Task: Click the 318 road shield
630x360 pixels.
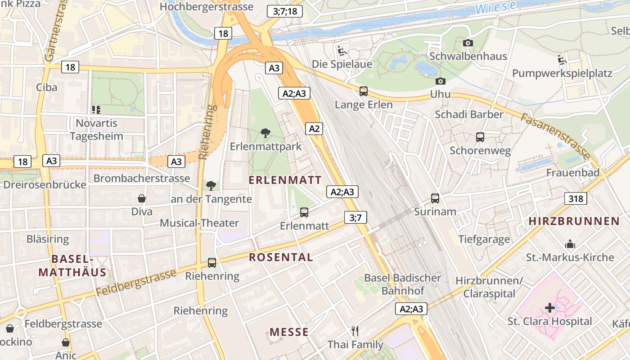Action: (x=576, y=198)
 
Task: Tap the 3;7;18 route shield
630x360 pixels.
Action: (x=284, y=11)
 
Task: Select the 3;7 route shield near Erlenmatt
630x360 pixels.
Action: (x=355, y=218)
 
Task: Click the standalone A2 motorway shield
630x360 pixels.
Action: (x=314, y=129)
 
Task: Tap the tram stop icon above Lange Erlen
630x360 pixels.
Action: (x=364, y=91)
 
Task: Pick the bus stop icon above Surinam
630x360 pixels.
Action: (x=435, y=198)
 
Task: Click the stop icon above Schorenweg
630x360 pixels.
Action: (x=480, y=137)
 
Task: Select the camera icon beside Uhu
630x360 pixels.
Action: (x=440, y=81)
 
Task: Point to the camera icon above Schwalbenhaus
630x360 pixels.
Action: (x=468, y=43)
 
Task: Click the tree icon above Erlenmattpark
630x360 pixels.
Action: (x=265, y=133)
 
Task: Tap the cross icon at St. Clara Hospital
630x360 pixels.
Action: (x=549, y=308)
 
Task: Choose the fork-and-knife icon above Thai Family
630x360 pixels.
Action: (x=355, y=331)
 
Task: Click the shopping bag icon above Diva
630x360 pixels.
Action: (x=142, y=198)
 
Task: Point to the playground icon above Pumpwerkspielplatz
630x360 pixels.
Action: (x=562, y=59)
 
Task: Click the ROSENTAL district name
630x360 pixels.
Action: (x=281, y=257)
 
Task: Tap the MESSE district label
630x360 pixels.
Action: (x=289, y=332)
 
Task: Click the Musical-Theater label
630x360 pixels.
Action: (x=199, y=223)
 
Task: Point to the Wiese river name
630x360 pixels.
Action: (x=495, y=7)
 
